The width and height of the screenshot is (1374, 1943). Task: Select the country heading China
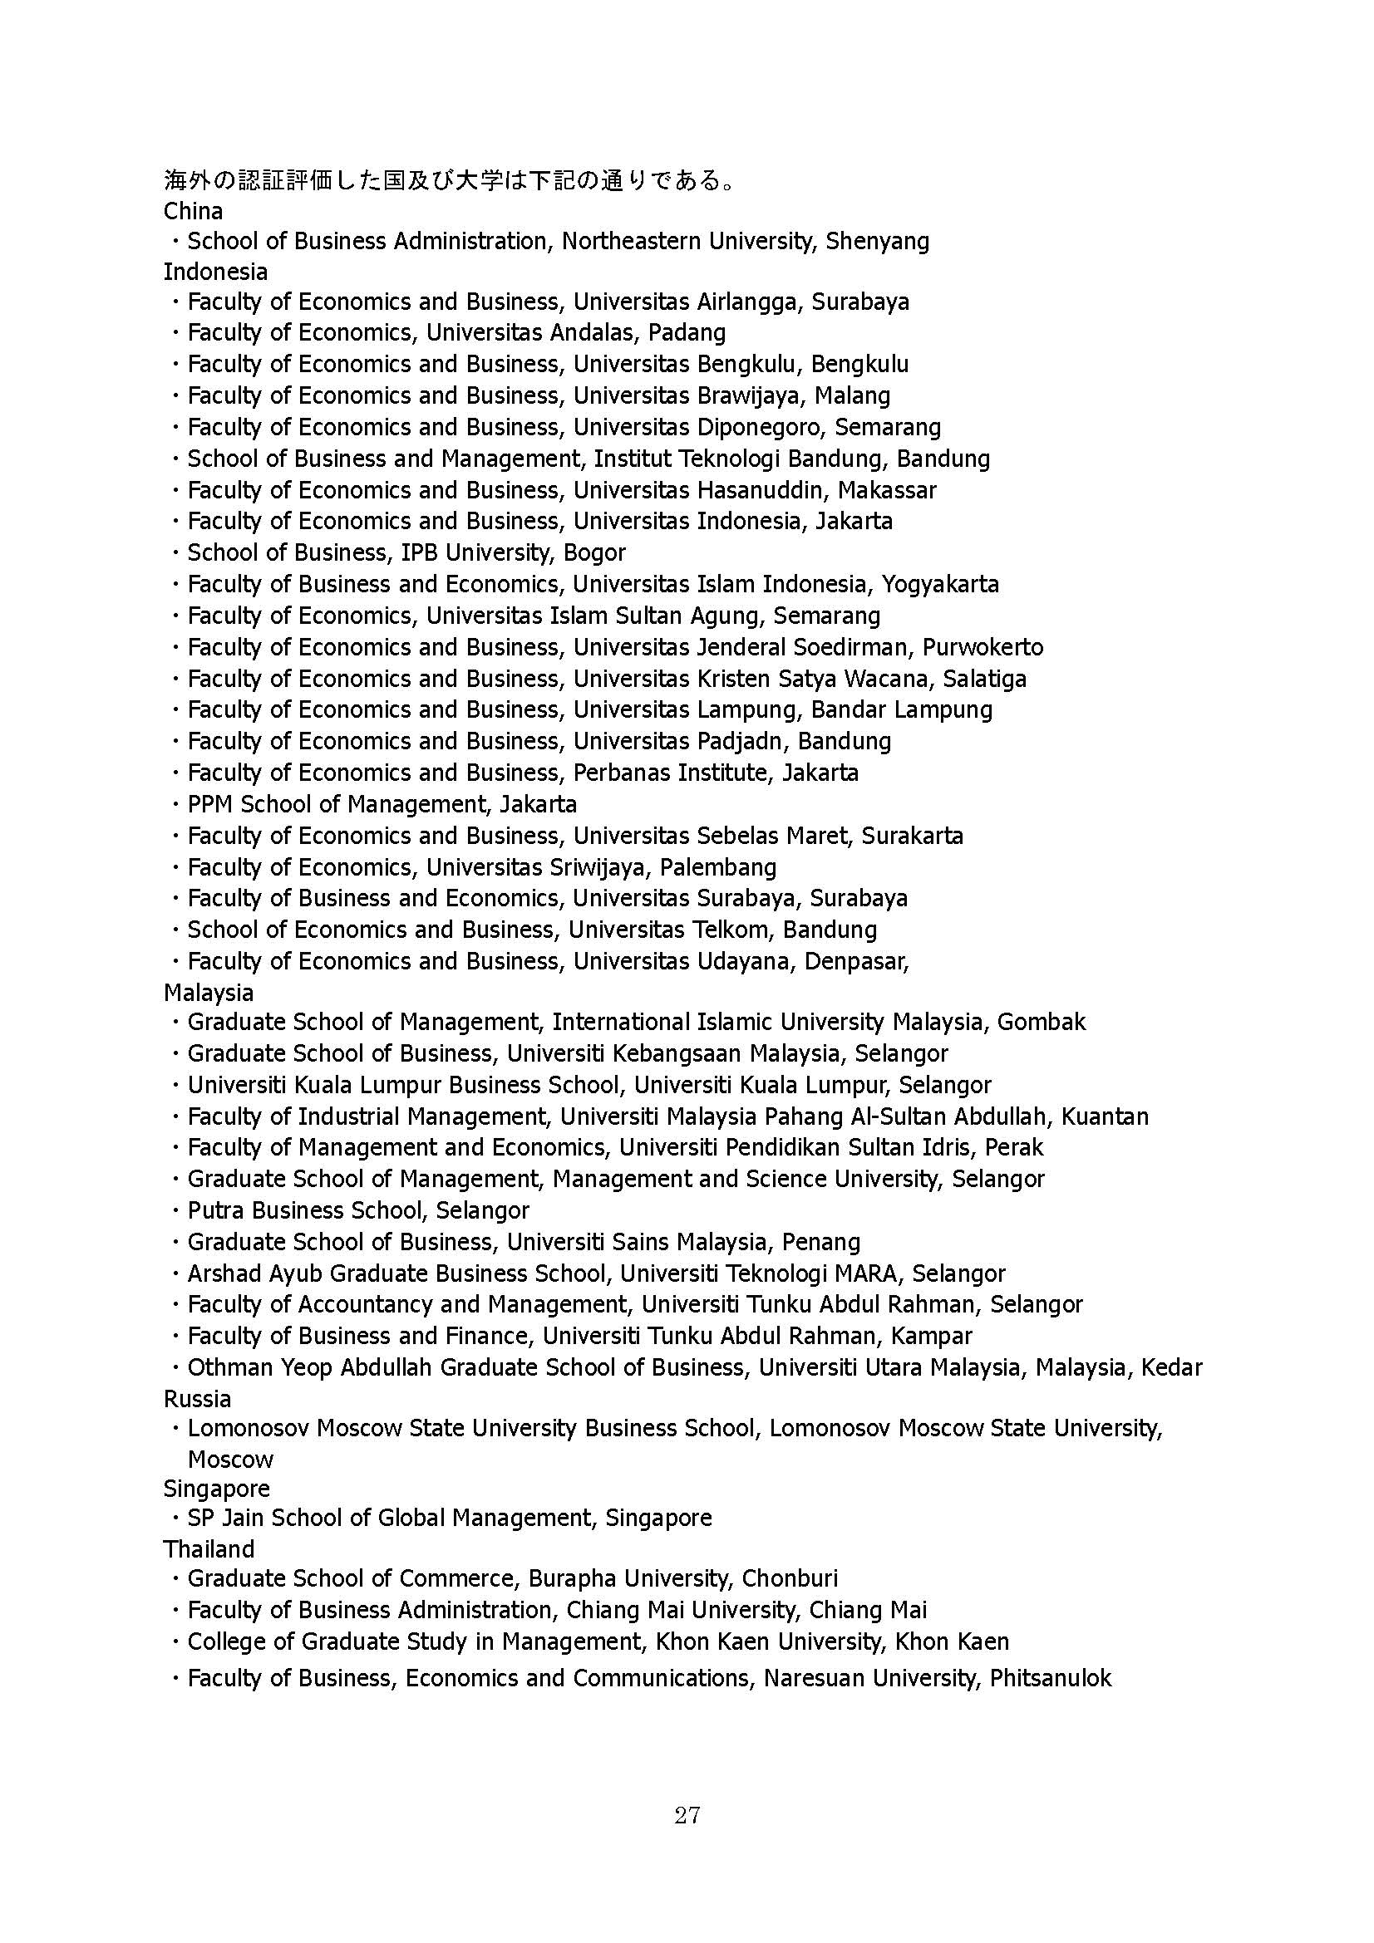pos(193,211)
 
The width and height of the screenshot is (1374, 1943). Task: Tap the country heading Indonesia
pos(215,272)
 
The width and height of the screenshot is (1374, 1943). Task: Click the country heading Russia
pos(196,1398)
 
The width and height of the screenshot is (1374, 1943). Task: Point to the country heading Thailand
pos(209,1548)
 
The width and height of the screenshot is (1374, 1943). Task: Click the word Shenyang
pos(877,242)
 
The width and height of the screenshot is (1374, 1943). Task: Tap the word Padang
pos(687,332)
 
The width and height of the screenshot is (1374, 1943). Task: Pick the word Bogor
pos(594,552)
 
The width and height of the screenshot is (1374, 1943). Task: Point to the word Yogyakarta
pos(940,584)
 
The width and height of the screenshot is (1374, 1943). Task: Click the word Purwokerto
pos(982,647)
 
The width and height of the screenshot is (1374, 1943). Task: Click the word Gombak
pos(1041,1023)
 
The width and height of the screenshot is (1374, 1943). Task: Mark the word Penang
pos(820,1242)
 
